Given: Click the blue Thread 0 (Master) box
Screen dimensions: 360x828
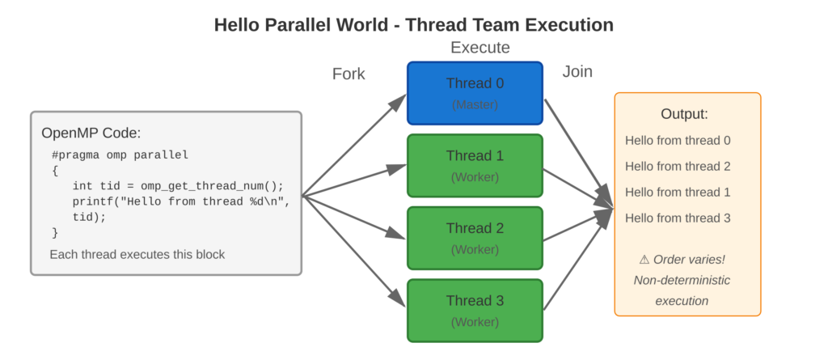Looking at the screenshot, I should point(475,92).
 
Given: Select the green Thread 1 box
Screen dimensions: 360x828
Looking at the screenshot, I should point(475,165).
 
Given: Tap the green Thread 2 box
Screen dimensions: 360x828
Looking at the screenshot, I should point(475,238).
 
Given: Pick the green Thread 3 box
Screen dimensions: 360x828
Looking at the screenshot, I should point(475,311).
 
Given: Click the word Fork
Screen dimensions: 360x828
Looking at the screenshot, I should point(349,74).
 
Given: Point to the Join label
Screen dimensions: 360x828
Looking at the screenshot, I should point(577,72).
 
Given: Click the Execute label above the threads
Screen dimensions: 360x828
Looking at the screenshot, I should point(480,48).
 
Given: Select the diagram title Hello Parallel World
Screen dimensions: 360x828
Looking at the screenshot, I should point(413,25).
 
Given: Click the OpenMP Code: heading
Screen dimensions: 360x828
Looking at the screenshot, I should point(91,133).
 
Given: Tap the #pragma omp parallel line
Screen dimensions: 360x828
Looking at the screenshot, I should point(120,155).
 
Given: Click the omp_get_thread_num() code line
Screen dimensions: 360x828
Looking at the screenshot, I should point(178,185).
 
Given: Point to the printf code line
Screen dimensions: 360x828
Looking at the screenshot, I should point(180,201).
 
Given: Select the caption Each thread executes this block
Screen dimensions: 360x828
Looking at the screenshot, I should point(137,255).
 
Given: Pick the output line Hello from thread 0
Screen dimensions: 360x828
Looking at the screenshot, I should point(678,141).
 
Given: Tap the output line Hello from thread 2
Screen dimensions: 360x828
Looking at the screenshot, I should point(678,167).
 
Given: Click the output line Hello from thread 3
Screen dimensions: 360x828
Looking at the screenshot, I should point(678,218).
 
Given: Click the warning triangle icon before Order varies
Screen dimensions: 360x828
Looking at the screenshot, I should point(644,260).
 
